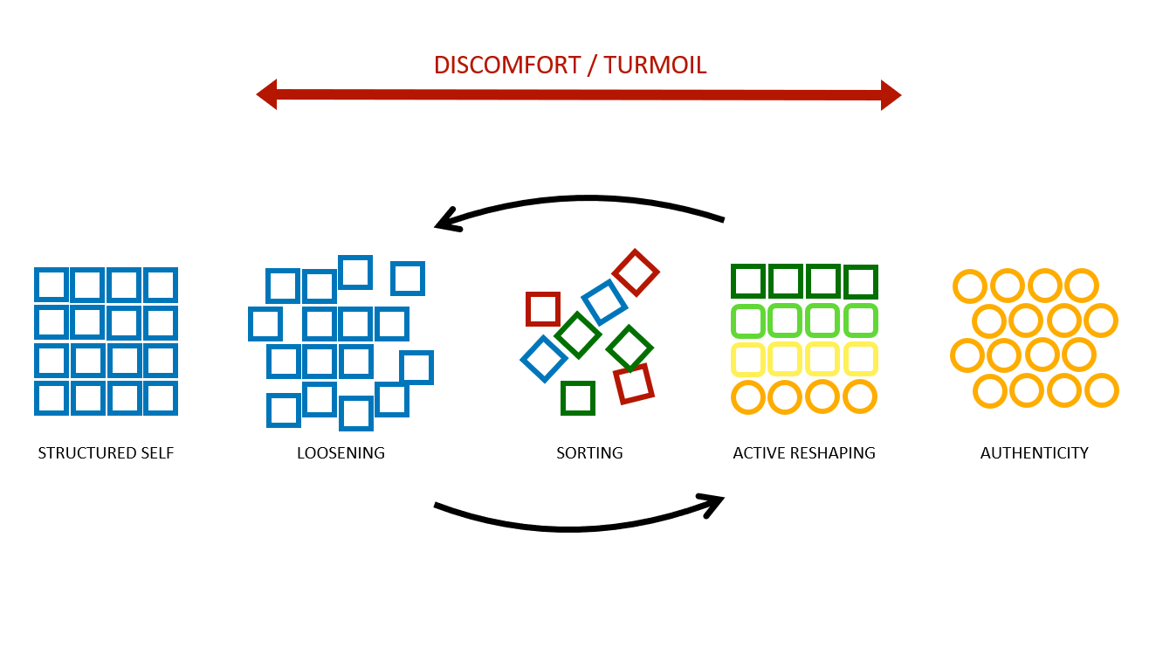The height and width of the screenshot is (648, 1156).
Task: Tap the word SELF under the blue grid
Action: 158,453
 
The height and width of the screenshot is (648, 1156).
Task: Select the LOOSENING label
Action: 341,453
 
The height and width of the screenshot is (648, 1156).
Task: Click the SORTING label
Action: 589,453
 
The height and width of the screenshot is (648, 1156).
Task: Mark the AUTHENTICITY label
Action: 1034,453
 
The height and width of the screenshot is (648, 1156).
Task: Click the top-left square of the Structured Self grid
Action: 52,285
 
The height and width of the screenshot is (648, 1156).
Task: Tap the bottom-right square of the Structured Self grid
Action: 161,398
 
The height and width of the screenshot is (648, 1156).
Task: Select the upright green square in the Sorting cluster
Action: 578,398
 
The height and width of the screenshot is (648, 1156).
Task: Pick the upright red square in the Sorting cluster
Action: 542,309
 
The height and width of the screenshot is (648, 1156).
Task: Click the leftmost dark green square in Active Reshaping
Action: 748,281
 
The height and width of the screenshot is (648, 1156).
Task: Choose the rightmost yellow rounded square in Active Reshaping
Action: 860,358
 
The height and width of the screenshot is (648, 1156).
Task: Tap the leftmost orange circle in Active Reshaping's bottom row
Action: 748,397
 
